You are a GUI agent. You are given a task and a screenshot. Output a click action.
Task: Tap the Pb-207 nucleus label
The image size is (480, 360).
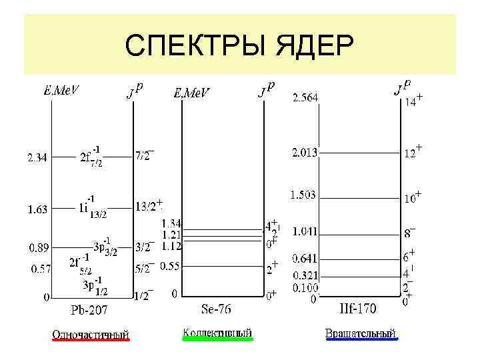90,310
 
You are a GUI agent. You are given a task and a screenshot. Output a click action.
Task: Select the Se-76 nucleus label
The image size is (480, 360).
217,309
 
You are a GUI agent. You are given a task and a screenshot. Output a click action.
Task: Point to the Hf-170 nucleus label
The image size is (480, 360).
357,309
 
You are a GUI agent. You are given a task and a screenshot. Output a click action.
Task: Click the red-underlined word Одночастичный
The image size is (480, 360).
91,333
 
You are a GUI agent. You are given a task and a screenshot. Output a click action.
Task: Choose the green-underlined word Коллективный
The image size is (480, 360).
217,332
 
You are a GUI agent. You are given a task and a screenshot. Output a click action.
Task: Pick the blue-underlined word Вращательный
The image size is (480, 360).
361,332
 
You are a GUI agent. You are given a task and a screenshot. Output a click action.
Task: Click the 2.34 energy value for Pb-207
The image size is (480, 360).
37,158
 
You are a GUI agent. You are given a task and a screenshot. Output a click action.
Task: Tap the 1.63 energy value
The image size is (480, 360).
37,209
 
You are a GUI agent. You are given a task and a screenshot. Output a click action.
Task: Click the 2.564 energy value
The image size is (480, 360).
305,98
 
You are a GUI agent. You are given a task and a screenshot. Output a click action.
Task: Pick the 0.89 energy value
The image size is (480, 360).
37,248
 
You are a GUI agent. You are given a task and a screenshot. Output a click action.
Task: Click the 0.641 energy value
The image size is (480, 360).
305,258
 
